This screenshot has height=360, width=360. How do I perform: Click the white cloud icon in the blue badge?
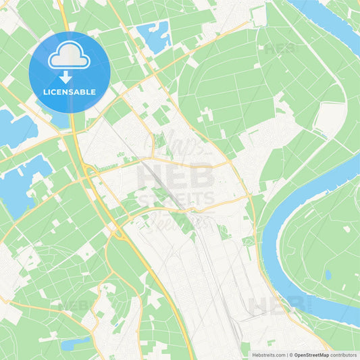[69, 57]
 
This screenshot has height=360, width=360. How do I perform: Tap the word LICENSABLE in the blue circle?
[69, 91]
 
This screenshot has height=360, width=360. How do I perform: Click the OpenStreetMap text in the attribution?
[311, 355]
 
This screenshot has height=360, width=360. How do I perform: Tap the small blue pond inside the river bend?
[328, 275]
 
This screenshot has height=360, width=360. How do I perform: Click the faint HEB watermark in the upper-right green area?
[279, 49]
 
